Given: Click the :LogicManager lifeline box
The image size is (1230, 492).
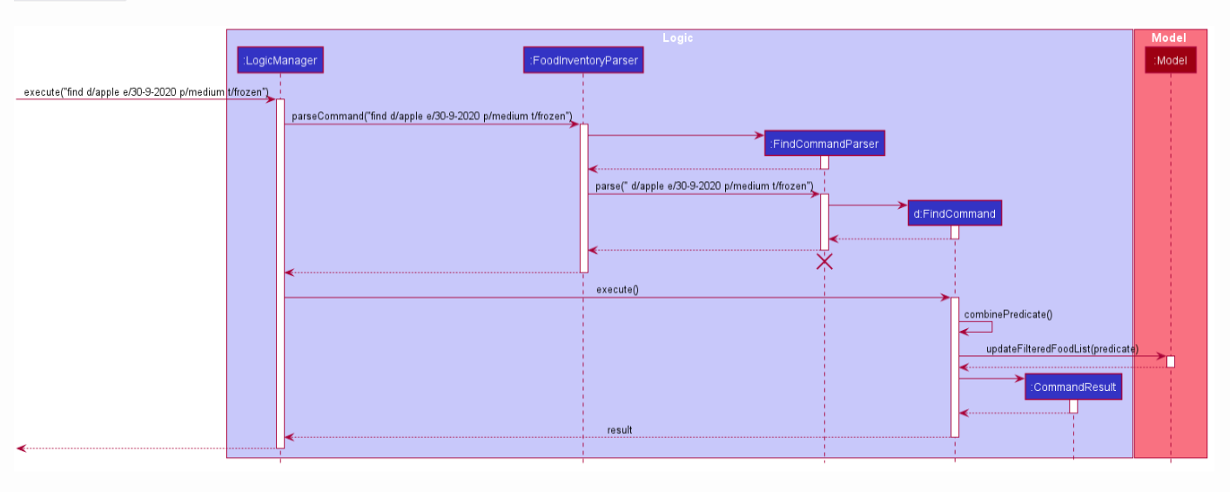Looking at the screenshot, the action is point(279,60).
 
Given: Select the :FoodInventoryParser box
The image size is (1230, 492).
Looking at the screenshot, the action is point(583,60).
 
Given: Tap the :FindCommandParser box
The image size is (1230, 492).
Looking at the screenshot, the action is point(824,144).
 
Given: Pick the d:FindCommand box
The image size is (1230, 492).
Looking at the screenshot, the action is point(954,213).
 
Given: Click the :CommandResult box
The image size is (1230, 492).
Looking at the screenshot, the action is point(1072,388).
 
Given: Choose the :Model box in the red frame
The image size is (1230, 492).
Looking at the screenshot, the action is point(1170,60).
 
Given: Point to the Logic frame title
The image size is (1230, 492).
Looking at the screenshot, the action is point(677,38).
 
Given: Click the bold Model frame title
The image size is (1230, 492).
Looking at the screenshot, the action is point(1168,38).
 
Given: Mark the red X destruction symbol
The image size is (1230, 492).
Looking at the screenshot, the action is point(823,261).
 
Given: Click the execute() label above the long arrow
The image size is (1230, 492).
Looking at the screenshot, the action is point(617,290).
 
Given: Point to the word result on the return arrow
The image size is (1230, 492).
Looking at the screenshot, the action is point(619,430).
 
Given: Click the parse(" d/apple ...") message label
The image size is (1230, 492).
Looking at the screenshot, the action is point(703,186).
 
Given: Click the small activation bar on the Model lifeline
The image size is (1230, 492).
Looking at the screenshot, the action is point(1170,361).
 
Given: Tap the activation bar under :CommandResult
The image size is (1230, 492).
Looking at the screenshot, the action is point(1073,407).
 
